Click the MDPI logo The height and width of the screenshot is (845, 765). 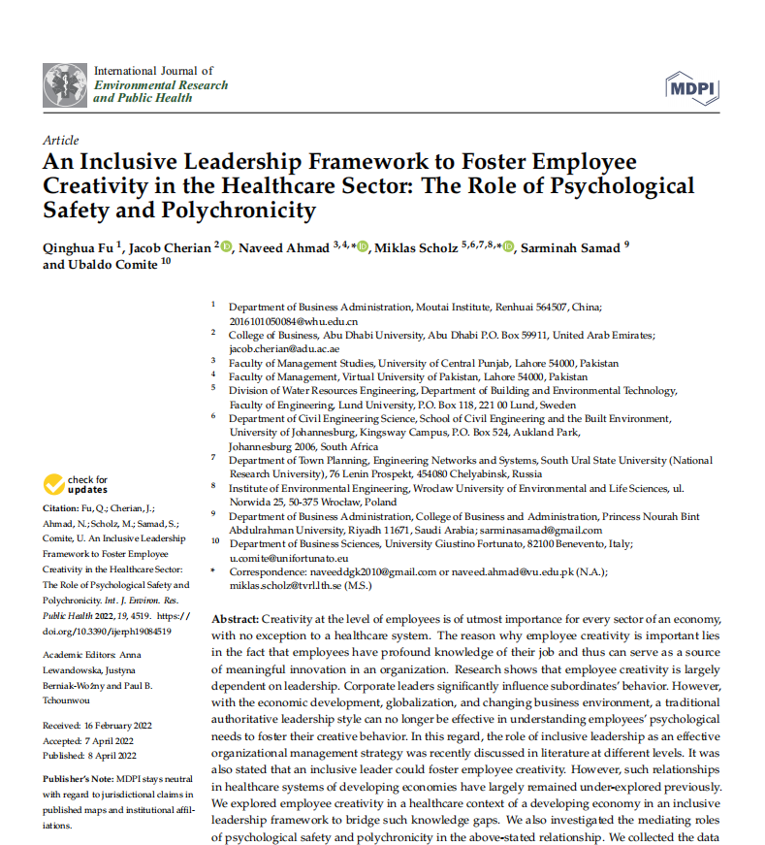pyautogui.click(x=692, y=88)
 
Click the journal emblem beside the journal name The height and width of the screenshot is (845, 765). pyautogui.click(x=66, y=85)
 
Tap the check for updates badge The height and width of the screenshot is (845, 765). pyautogui.click(x=75, y=484)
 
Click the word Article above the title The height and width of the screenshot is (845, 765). pyautogui.click(x=61, y=141)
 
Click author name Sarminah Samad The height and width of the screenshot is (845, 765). pyautogui.click(x=570, y=248)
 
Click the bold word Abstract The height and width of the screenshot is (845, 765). pyautogui.click(x=235, y=619)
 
